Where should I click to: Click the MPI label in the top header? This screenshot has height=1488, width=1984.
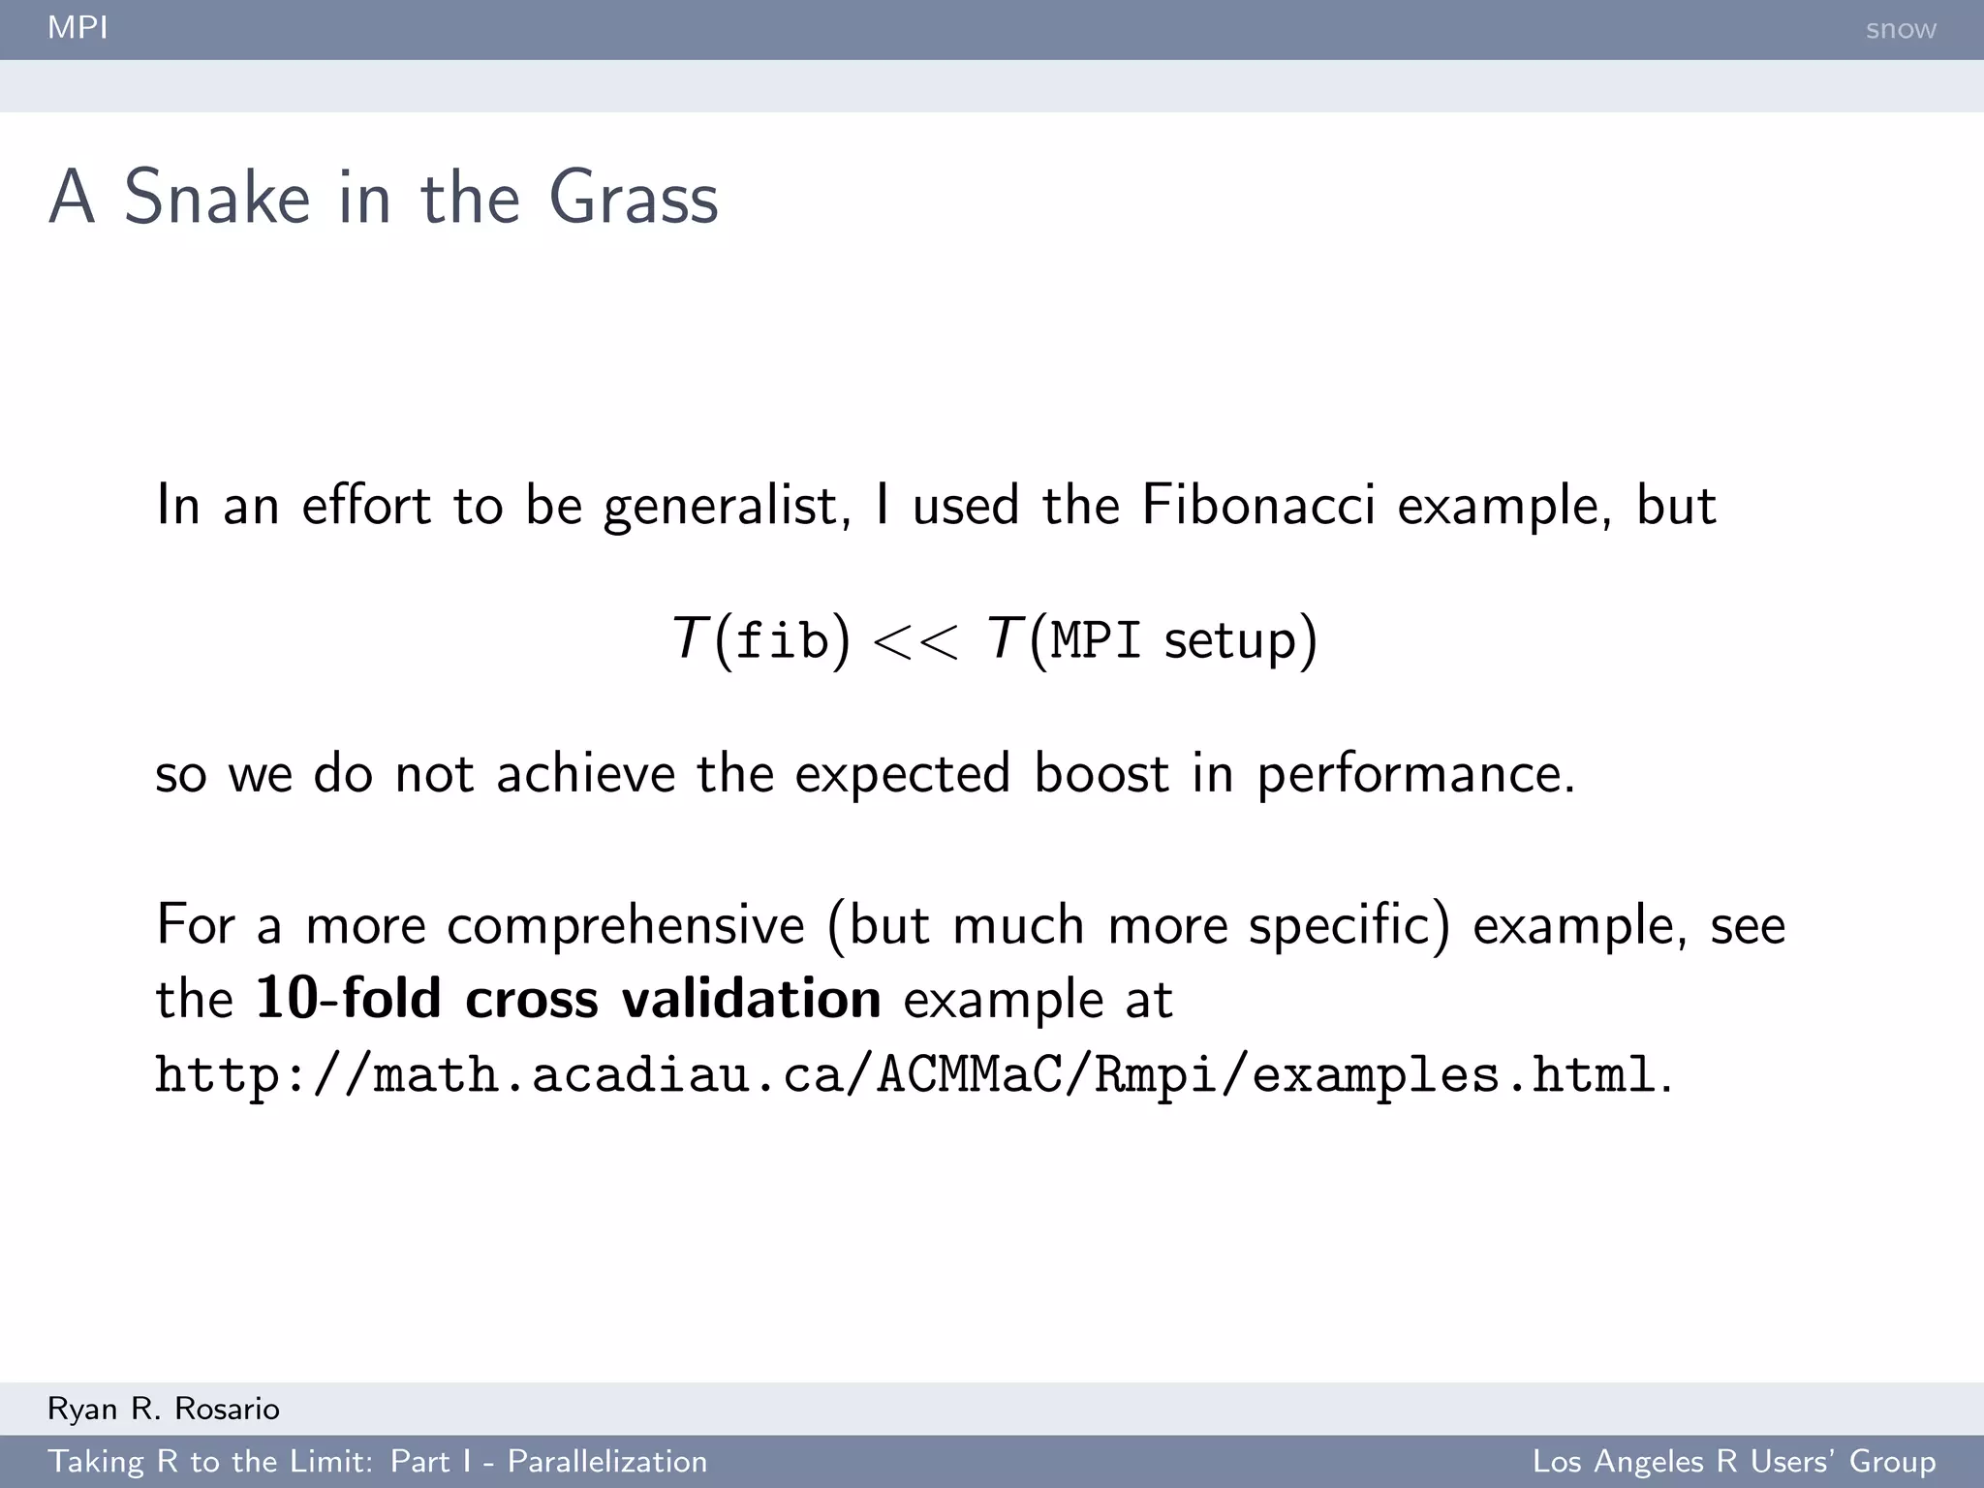point(77,27)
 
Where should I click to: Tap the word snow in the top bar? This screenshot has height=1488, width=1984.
point(1900,29)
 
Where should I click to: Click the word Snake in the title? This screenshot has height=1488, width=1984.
point(217,198)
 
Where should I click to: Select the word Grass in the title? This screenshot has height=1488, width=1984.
point(633,198)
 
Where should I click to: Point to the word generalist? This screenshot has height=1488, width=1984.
point(727,507)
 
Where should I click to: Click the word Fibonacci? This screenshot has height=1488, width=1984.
point(1257,505)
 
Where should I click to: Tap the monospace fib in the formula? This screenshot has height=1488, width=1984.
point(782,640)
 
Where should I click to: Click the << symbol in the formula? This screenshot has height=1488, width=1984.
point(915,641)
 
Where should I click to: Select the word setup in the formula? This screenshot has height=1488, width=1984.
point(1229,642)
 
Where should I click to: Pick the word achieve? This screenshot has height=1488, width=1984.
point(585,773)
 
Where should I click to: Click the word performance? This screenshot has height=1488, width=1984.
point(1414,775)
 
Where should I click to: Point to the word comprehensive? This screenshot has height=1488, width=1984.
point(625,925)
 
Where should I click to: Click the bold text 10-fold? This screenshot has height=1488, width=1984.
point(348,998)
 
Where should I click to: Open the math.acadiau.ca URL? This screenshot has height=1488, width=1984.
point(905,1075)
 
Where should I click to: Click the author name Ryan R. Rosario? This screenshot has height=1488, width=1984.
point(164,1409)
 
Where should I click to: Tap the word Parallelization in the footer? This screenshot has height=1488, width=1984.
point(607,1461)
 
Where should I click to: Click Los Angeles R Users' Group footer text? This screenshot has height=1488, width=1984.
point(1733,1461)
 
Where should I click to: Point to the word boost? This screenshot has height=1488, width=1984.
point(1101,773)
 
